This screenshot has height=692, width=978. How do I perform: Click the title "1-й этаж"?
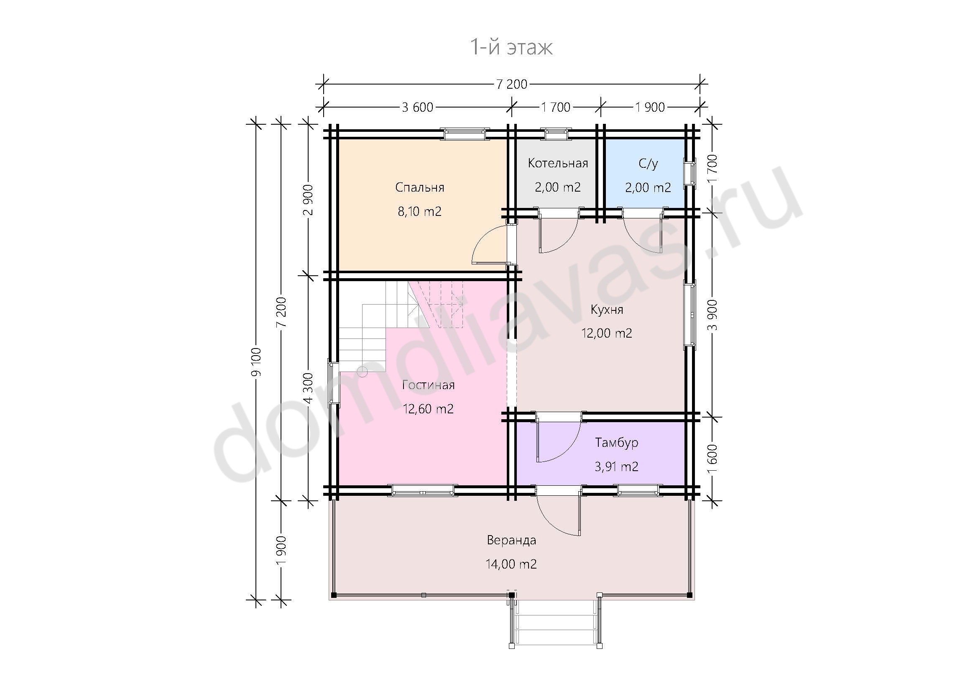[511, 47]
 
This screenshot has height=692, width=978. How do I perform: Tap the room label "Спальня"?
[419, 187]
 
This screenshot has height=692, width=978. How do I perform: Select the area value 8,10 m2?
[419, 211]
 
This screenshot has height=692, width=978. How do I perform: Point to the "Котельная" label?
[558, 163]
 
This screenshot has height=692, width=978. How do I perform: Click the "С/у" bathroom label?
[649, 164]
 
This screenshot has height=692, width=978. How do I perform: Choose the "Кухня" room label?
[607, 310]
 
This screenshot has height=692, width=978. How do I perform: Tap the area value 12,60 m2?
[428, 409]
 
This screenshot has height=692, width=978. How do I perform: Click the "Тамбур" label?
[616, 443]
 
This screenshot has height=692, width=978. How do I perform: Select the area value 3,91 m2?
[616, 466]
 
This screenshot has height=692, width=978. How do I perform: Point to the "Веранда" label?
[511, 540]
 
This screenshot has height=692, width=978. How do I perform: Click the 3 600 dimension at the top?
[417, 107]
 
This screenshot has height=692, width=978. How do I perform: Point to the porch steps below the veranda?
[555, 624]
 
